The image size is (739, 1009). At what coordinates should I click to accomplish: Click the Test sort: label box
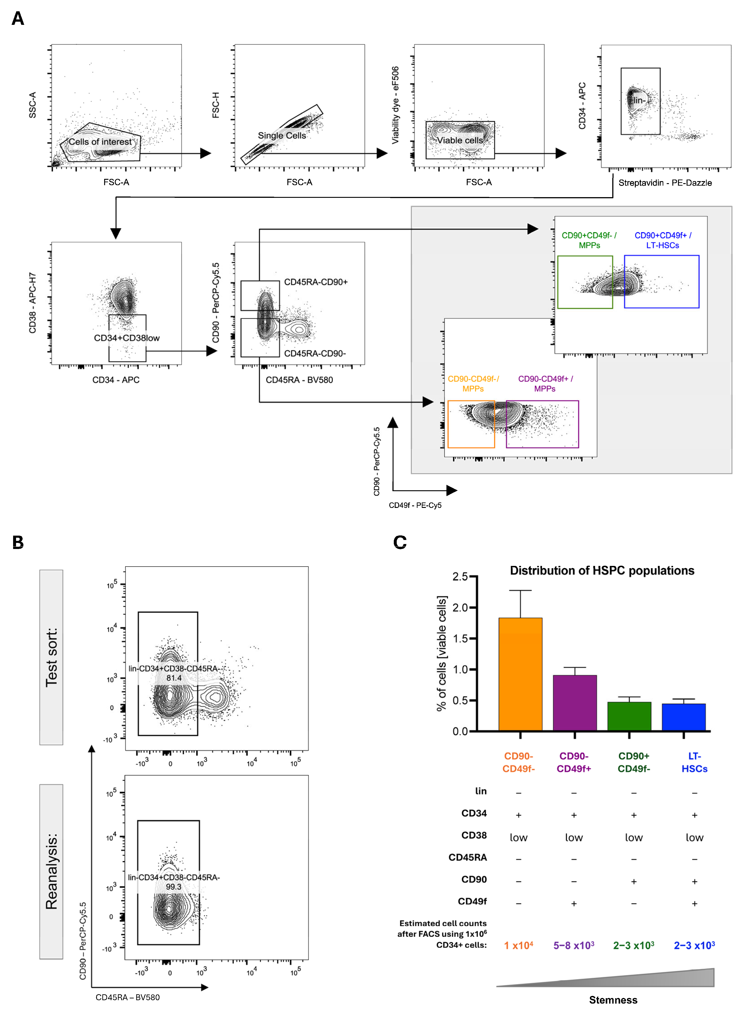tap(52, 657)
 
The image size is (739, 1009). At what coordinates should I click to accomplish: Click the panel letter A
tap(18, 19)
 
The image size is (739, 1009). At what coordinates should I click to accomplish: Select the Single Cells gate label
tap(282, 135)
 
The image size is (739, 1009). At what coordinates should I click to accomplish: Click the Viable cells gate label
tap(460, 140)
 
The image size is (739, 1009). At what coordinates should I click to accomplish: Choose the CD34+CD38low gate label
tap(127, 338)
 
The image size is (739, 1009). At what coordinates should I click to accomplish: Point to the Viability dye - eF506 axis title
tap(395, 105)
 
